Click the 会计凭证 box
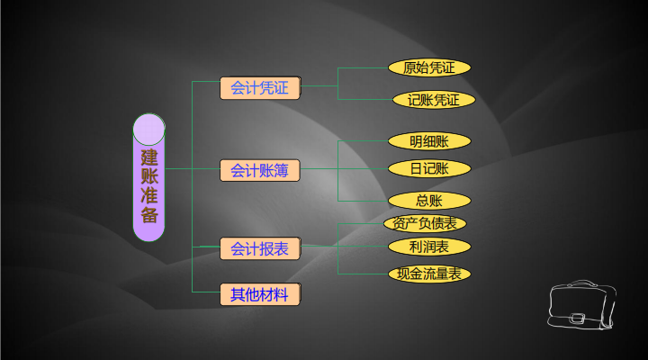click(260, 88)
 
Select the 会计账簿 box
click(260, 170)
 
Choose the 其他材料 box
click(260, 294)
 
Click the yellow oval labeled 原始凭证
click(429, 67)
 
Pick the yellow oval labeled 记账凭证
click(433, 100)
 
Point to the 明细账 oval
click(429, 141)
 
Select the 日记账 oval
click(429, 168)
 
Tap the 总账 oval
click(429, 201)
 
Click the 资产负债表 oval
click(425, 223)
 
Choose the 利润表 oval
click(429, 247)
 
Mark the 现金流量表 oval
click(429, 274)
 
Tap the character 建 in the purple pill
click(148, 156)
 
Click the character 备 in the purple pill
click(148, 215)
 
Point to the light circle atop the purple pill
click(148, 129)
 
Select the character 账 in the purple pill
click(148, 175)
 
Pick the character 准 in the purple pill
click(148, 195)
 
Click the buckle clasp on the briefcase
click(577, 317)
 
